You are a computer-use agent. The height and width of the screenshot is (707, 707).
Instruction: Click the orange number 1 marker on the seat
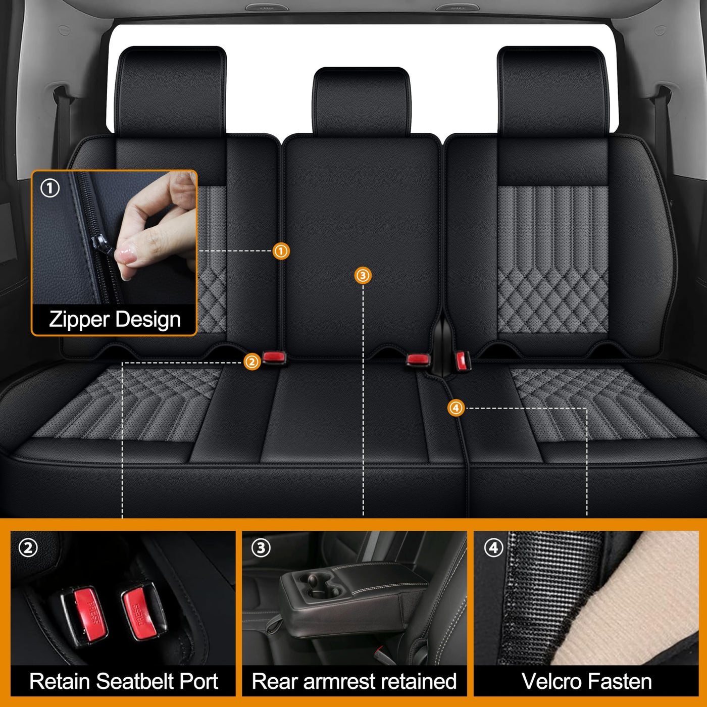(281, 251)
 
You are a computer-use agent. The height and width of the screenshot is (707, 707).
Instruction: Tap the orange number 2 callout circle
(252, 362)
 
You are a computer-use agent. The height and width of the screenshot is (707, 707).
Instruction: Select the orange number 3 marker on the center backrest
(363, 276)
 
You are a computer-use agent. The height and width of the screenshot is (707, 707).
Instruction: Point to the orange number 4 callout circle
(456, 408)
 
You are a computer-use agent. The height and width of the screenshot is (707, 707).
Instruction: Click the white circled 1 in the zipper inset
(50, 188)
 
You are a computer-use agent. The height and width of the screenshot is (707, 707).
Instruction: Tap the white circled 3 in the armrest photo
(261, 548)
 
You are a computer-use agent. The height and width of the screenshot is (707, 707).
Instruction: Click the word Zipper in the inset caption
(79, 320)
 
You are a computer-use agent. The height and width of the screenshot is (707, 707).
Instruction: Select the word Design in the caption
(148, 320)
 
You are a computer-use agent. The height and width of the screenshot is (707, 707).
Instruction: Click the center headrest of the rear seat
(362, 102)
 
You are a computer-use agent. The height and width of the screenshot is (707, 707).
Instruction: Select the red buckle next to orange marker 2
(274, 357)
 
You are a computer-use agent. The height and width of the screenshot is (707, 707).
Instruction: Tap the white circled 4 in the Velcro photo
(494, 548)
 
